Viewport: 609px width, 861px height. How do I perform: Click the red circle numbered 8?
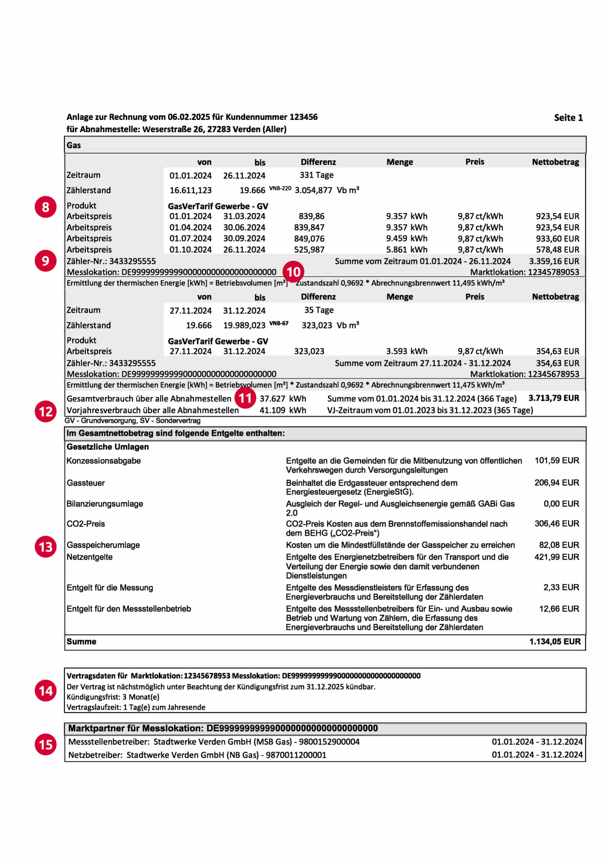[x=45, y=207]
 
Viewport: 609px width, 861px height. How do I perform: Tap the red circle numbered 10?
[x=293, y=272]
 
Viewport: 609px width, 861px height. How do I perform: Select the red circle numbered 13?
[x=45, y=547]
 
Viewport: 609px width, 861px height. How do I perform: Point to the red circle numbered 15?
[x=45, y=745]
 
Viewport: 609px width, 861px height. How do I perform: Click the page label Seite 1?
[x=568, y=118]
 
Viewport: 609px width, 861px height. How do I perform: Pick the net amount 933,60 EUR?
[x=557, y=239]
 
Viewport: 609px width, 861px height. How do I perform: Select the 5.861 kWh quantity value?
[x=407, y=250]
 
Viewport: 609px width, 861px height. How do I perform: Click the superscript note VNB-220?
[x=280, y=188]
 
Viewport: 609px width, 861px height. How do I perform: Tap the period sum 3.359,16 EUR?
[x=554, y=261]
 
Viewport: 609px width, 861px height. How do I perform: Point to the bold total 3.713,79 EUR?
[x=553, y=398]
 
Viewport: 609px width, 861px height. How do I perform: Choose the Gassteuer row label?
[x=86, y=483]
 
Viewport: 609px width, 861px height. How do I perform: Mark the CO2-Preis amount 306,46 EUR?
[x=557, y=524]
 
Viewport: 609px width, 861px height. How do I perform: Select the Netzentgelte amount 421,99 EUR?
[x=557, y=557]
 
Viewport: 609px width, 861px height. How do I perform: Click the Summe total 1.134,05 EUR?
[x=554, y=641]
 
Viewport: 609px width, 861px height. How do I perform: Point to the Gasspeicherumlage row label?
[x=103, y=545]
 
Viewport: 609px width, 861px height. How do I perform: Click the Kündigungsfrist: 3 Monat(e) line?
[x=113, y=697]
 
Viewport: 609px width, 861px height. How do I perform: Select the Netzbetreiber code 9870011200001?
[x=296, y=755]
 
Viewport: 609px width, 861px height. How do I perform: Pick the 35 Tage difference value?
[x=319, y=310]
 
